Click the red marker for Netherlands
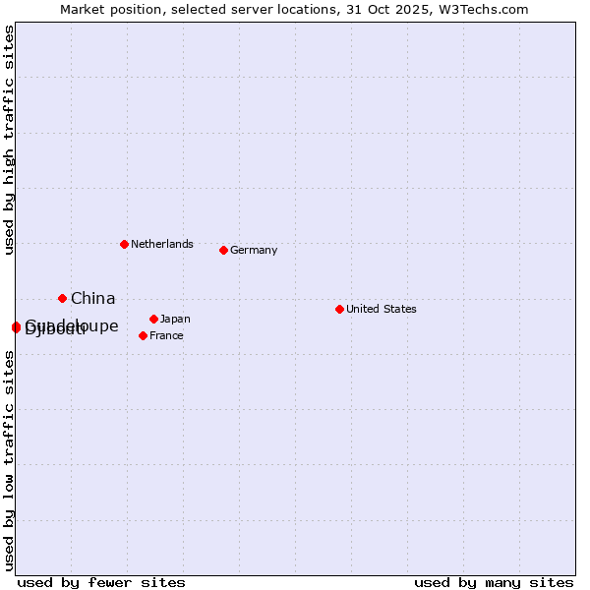click(x=124, y=244)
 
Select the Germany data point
click(x=223, y=250)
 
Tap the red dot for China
click(x=62, y=298)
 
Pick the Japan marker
click(x=153, y=319)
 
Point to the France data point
click(x=144, y=335)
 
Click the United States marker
click(x=339, y=309)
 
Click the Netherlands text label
click(x=162, y=244)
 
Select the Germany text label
click(x=254, y=250)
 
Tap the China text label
click(x=93, y=298)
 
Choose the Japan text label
click(x=175, y=319)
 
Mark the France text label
click(x=166, y=335)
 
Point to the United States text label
click(x=382, y=309)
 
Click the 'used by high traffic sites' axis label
click(x=9, y=140)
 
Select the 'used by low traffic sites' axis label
click(x=9, y=460)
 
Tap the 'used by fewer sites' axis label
click(x=101, y=582)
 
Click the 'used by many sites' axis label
click(x=494, y=582)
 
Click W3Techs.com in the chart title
click(x=484, y=9)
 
